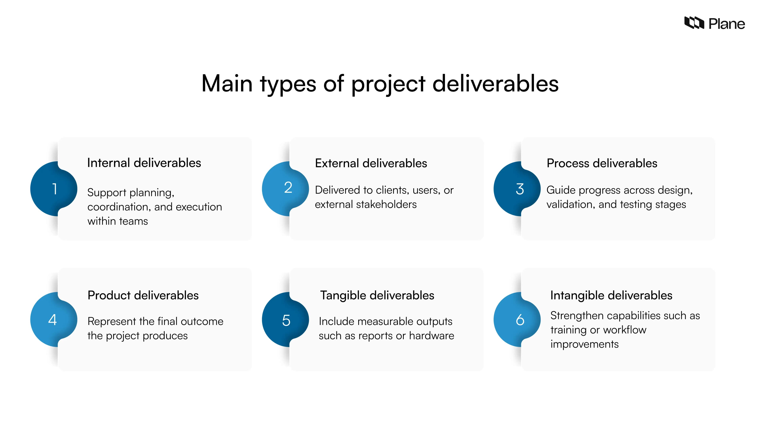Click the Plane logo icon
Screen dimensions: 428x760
coord(694,23)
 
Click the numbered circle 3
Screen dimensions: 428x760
coord(517,189)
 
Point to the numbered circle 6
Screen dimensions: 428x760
coord(517,320)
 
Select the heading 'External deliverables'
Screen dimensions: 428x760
coord(371,163)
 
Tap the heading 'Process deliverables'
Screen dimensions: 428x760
coord(602,163)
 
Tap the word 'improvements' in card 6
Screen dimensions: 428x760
coord(584,344)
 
